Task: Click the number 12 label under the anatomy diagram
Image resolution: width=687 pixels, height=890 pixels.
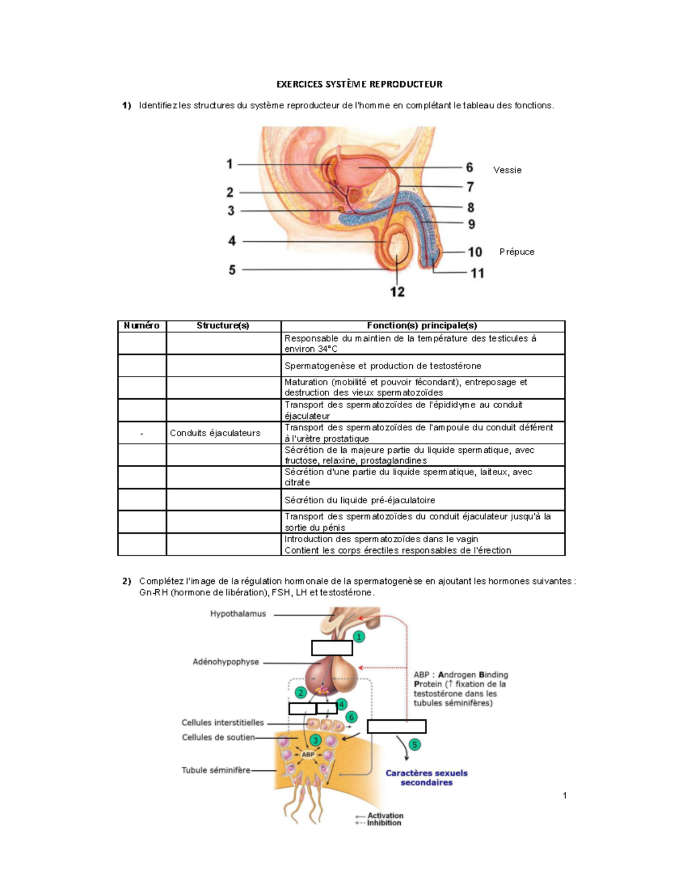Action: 397,292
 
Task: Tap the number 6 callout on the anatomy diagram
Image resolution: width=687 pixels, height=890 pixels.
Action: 469,167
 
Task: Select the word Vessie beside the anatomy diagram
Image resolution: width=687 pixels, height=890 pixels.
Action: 507,170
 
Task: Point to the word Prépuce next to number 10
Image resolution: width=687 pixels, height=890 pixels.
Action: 517,252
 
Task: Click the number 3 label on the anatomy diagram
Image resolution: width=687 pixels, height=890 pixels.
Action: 231,210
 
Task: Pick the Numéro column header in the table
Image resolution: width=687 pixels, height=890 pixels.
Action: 141,326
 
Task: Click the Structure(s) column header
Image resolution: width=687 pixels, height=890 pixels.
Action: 223,326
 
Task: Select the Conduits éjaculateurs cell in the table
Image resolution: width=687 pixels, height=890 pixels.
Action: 215,433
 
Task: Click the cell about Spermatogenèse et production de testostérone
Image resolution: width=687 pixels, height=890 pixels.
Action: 383,366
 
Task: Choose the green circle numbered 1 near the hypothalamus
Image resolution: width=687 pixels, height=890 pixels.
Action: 358,637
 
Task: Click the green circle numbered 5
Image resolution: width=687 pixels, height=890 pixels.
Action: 414,744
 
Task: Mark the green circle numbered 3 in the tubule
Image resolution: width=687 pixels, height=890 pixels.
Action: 315,740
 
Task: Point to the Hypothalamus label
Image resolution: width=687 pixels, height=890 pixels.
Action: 238,614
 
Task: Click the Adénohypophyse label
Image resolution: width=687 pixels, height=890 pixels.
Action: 226,662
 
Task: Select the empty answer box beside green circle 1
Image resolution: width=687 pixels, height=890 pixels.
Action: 332,648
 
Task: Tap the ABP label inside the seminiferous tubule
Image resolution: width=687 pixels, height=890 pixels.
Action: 307,754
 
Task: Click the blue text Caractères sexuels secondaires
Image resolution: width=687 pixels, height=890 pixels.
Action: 427,778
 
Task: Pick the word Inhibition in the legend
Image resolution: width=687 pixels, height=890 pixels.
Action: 384,822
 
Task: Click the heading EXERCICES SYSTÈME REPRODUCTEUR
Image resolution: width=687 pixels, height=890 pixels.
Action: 360,84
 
